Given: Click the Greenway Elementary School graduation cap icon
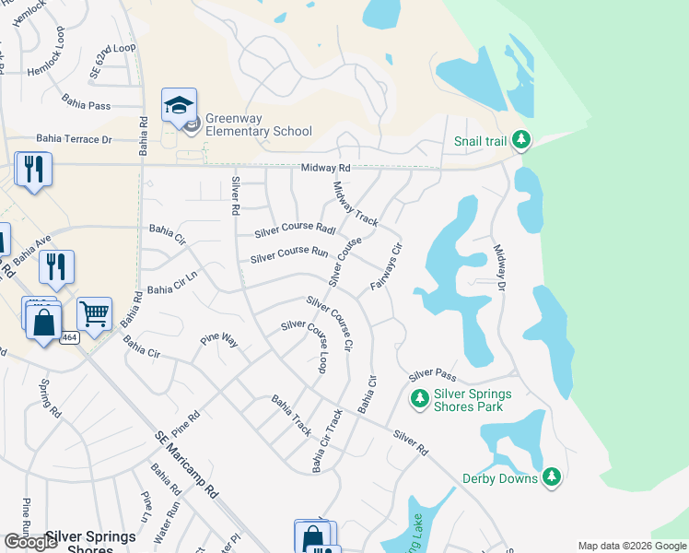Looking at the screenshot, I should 179,105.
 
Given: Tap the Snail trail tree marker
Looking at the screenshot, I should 521,140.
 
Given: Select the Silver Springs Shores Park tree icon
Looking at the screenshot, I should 419,398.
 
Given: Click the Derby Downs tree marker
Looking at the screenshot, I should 551,477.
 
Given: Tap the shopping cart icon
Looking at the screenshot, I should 94,314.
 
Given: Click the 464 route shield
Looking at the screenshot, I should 69,338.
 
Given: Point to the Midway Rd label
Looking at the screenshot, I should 326,168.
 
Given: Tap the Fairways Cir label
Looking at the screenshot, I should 386,267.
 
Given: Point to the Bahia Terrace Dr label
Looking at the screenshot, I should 74,139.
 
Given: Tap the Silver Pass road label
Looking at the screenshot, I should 433,375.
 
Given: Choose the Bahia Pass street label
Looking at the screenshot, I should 87,105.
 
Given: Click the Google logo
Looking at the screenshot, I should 30,542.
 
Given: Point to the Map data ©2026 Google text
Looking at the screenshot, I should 631,546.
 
